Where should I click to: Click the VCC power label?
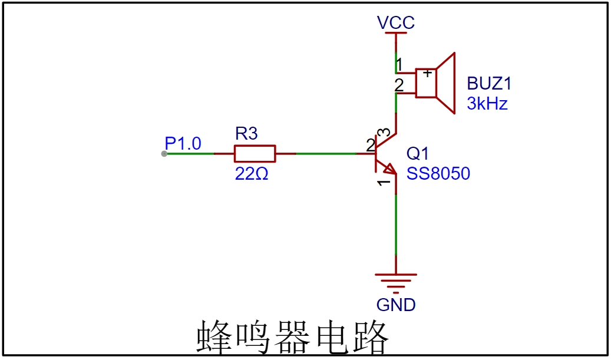pyautogui.click(x=396, y=22)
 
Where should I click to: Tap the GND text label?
pyautogui.click(x=396, y=305)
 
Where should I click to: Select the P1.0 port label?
pyautogui.click(x=183, y=143)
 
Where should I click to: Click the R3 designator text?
pyautogui.click(x=246, y=134)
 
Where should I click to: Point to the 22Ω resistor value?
pyautogui.click(x=252, y=174)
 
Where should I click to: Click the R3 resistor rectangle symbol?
pyautogui.click(x=255, y=154)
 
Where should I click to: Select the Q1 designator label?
pyautogui.click(x=417, y=154)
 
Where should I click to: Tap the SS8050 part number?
pyautogui.click(x=438, y=173)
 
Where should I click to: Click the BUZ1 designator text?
pyautogui.click(x=489, y=84)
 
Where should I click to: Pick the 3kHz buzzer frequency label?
pyautogui.click(x=487, y=104)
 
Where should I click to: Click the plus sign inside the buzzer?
pyautogui.click(x=428, y=73)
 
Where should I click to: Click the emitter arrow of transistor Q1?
pyautogui.click(x=390, y=169)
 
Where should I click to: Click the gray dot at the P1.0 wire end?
pyautogui.click(x=164, y=154)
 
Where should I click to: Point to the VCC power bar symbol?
pyautogui.click(x=396, y=33)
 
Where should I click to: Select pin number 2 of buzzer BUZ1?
pyautogui.click(x=399, y=85)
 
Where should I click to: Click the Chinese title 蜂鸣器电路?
pyautogui.click(x=293, y=338)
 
